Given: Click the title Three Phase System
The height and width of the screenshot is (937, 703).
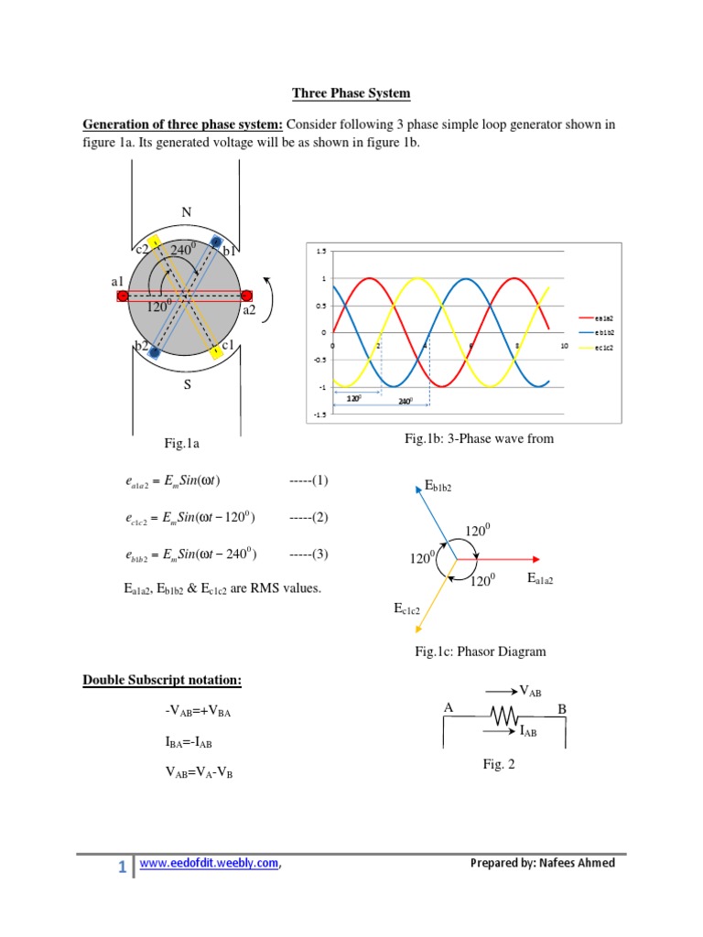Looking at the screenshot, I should pos(351,93).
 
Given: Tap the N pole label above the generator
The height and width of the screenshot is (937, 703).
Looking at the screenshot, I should pos(186,212).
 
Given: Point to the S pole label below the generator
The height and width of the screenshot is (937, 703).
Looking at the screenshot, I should pos(187,385).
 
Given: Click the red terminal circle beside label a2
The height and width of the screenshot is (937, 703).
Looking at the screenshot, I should pos(246,296).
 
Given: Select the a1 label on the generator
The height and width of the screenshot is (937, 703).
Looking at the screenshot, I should pos(118,282).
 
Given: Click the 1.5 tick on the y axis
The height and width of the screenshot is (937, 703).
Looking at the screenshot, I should pos(320,251).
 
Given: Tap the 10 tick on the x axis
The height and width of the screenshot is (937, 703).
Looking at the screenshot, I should pos(564,346).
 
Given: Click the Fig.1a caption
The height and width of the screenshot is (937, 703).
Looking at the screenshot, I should pos(182,444).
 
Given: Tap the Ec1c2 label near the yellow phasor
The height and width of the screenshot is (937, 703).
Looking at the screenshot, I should pos(408,608).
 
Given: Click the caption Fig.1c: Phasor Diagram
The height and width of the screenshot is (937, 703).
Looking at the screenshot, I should pos(480,652).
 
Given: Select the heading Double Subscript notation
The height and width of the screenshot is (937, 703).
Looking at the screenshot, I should pos(162,680).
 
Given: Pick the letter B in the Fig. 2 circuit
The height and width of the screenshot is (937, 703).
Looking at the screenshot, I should pos(562,709).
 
